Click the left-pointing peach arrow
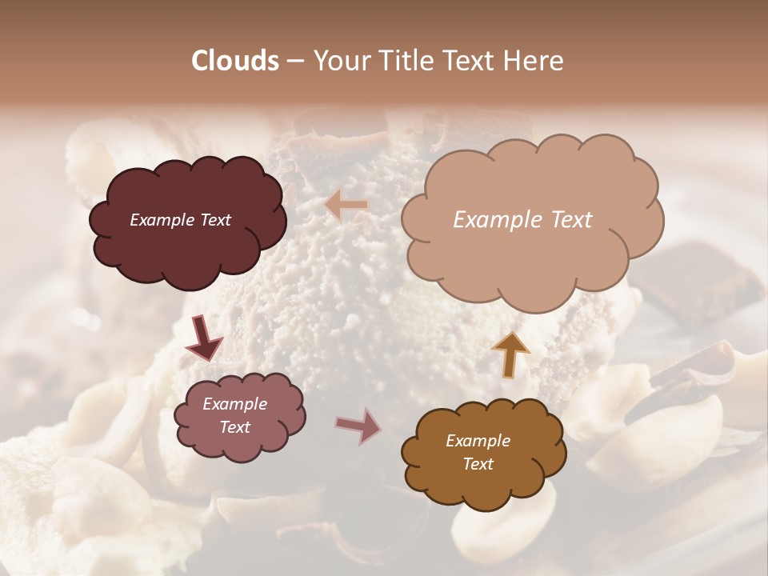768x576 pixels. [346, 206]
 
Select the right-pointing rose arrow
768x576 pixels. [358, 426]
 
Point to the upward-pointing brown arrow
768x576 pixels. [510, 354]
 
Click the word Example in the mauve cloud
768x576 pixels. [234, 405]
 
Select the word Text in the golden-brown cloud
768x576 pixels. [478, 464]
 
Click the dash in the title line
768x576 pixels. [295, 61]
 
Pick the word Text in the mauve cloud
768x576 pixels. [235, 427]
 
